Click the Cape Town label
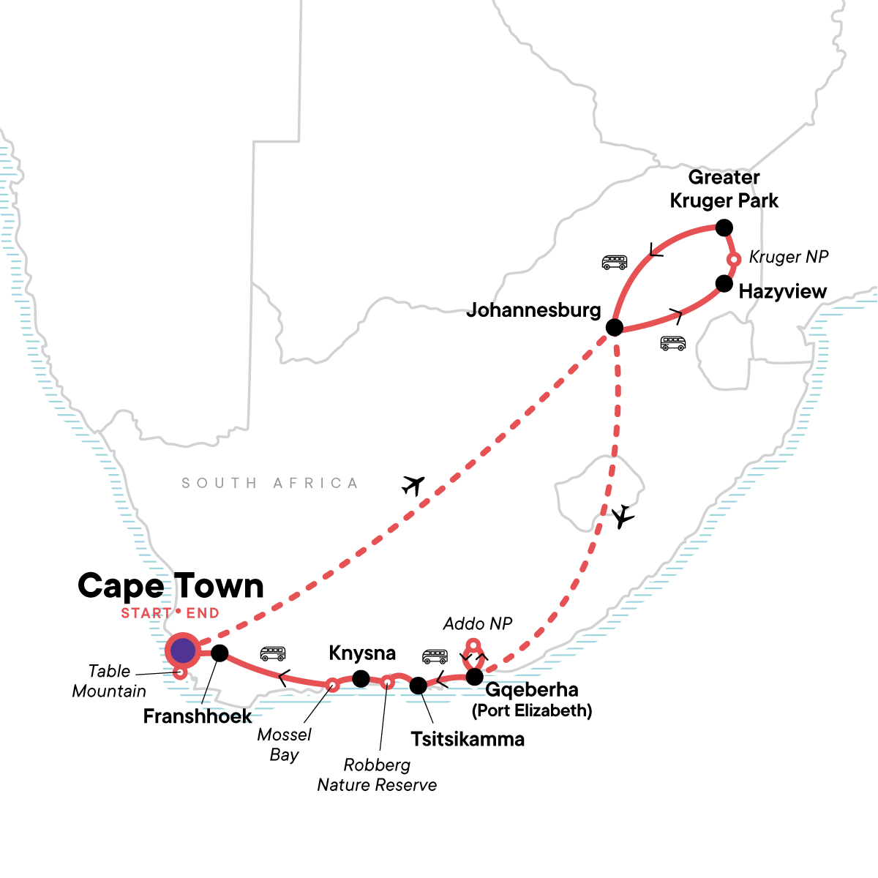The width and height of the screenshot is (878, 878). point(170,586)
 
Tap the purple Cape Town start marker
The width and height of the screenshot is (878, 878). point(181,650)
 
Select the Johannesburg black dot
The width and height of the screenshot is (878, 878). point(615,327)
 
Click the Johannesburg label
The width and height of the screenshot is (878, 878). point(533,310)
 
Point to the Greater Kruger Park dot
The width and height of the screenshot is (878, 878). point(724,228)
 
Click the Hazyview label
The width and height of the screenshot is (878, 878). point(782,292)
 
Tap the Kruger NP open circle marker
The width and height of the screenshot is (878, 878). point(734,259)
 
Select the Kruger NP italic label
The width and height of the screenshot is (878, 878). point(788,258)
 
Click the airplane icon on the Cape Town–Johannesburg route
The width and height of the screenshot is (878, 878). point(413,484)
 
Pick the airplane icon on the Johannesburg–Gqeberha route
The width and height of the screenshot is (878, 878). point(623,517)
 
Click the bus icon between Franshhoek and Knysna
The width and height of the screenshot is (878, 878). point(273,653)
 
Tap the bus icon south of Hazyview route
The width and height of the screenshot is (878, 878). point(673,342)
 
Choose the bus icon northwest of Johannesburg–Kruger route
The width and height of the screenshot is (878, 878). point(615,261)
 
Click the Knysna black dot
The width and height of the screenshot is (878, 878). point(361,679)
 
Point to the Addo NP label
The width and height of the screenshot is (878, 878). point(477,624)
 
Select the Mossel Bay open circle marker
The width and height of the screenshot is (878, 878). point(331,685)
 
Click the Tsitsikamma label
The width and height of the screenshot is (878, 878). point(468,739)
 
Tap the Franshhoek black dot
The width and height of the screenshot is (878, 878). point(219,653)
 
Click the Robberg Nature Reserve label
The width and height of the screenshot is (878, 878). point(377,775)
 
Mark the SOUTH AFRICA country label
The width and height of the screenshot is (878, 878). point(270,484)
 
